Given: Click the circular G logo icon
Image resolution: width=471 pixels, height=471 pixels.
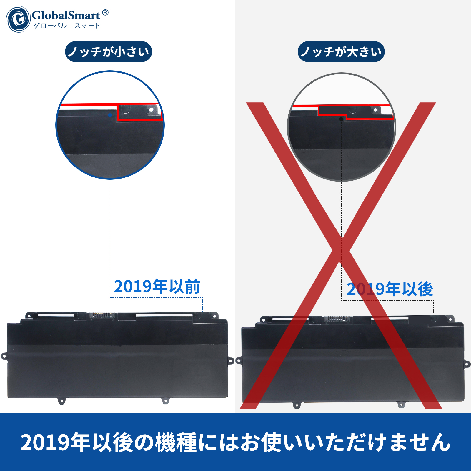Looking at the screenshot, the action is tap(18, 19).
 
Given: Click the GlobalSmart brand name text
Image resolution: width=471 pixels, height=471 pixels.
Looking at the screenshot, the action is tap(66, 15).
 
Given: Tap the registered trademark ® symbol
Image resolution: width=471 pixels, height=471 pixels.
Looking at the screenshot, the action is tap(105, 13).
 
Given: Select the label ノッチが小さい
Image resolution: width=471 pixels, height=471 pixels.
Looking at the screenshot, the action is tap(109, 52).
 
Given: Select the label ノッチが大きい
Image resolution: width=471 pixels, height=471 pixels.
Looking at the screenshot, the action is tap(341, 52).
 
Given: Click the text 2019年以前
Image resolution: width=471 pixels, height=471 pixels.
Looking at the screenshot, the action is tap(157, 287).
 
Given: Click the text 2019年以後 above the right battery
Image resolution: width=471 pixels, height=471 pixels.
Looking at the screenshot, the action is tap(390, 289).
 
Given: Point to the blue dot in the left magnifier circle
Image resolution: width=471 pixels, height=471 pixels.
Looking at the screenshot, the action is tap(110, 116).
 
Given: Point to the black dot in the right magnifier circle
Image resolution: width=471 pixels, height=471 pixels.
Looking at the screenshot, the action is tap(341, 119).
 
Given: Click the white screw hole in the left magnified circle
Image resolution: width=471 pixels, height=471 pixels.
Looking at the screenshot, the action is tap(151, 110).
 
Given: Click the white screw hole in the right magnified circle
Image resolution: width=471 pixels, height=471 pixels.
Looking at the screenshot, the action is tap(375, 110).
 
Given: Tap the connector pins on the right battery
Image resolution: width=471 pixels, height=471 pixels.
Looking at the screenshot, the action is tap(336, 319).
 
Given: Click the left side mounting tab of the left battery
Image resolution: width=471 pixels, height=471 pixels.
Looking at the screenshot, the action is tap(4, 356).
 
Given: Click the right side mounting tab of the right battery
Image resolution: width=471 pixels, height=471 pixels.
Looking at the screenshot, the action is tap(467, 364).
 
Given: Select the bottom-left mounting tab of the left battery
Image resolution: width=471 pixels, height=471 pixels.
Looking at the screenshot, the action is tap(61, 401).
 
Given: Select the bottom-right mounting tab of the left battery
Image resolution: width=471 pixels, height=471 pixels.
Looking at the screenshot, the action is tap(165, 400).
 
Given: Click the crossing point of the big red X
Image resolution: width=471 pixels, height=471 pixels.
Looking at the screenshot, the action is tap(341, 250).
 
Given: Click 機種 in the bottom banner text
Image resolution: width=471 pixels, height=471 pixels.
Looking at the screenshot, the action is tap(176, 442).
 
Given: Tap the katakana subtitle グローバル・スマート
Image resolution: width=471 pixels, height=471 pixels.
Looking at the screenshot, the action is tap(67, 26).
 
